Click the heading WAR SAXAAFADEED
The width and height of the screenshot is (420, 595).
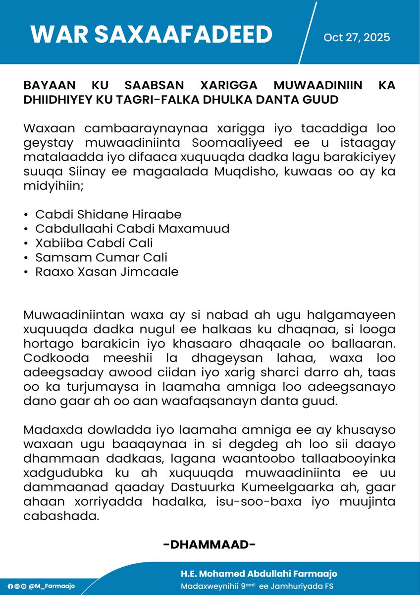151,34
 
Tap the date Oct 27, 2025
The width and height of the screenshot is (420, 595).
357,37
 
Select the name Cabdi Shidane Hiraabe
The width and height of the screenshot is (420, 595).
108,214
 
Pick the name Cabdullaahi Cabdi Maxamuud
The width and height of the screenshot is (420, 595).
133,229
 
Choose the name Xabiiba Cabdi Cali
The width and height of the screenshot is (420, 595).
94,243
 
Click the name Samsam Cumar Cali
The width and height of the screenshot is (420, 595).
102,257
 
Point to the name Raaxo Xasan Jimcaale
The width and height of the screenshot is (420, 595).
107,272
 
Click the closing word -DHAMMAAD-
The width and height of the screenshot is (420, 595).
210,545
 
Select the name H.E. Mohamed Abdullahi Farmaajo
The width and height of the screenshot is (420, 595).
259,574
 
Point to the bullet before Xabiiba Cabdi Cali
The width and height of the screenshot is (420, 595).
25,243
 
